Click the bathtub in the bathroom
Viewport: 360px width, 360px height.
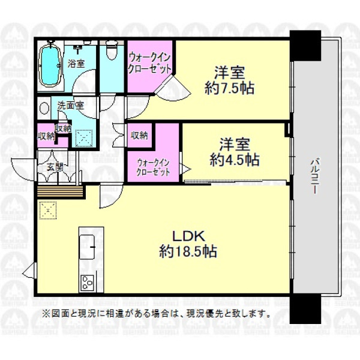point(50,66)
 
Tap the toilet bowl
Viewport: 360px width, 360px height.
point(112,51)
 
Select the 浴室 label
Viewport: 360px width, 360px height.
point(76,64)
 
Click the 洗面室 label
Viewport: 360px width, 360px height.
point(70,106)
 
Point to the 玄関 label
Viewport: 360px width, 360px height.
point(55,167)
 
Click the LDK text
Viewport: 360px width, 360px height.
point(189,236)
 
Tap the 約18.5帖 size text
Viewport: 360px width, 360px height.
point(188,251)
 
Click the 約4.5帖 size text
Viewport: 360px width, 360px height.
point(235,160)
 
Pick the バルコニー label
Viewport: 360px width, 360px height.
point(316,176)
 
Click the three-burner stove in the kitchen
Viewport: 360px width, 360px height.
point(87,283)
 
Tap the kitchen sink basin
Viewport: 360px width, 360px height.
point(87,247)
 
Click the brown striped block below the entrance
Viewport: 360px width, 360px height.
point(60,191)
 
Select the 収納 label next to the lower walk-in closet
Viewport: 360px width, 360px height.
point(139,136)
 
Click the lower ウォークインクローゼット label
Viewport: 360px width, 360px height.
point(153,167)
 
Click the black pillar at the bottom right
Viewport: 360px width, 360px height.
point(305,308)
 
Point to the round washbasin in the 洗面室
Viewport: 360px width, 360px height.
point(44,108)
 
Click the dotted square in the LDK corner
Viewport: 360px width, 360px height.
point(48,211)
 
